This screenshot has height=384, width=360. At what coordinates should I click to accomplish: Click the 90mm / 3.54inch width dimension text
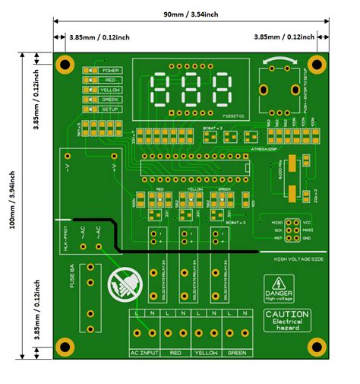(x=191, y=14)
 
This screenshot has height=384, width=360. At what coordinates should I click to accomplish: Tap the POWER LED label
(x=111, y=70)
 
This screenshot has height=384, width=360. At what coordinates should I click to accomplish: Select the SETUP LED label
(x=111, y=109)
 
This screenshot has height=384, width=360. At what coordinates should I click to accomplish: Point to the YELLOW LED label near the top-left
(x=111, y=90)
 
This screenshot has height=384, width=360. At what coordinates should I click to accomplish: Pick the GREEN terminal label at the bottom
(x=236, y=354)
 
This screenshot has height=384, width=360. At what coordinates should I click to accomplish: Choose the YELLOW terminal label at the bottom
(x=205, y=354)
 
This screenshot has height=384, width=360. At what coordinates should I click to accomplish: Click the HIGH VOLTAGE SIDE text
(x=298, y=259)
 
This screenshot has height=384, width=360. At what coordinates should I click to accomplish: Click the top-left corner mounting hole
(x=65, y=64)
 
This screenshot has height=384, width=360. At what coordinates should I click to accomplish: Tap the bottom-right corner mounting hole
(x=318, y=346)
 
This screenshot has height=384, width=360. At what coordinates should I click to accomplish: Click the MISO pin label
(x=276, y=221)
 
